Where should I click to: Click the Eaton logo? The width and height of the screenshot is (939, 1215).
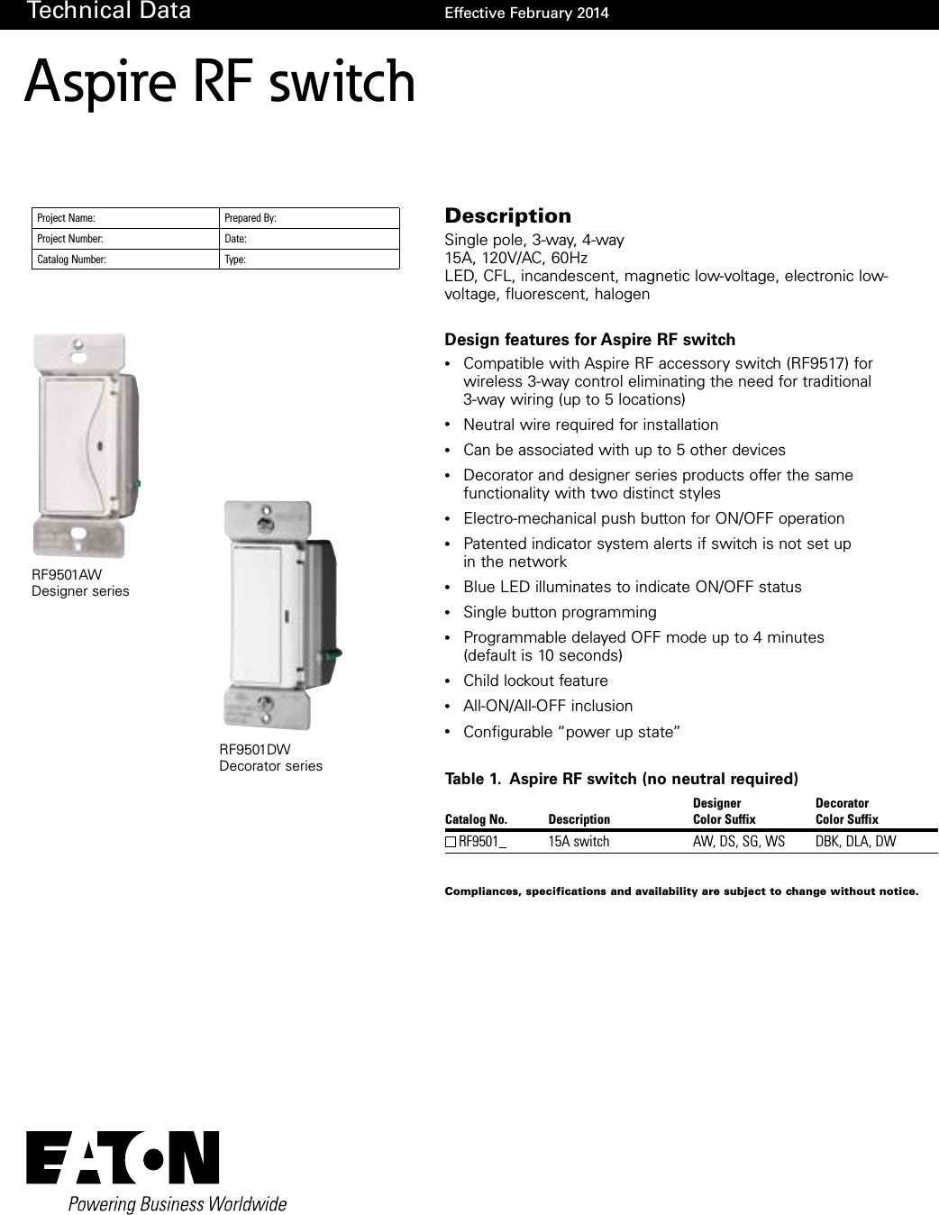(123, 1157)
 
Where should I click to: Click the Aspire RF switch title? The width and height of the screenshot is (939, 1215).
(220, 82)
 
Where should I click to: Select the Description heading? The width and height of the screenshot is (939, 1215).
(507, 215)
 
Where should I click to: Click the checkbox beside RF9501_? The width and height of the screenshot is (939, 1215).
(451, 842)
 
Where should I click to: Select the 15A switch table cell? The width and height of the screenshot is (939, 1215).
(579, 842)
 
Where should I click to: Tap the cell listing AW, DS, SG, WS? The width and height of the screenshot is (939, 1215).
(738, 842)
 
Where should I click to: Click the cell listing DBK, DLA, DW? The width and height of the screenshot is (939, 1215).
(855, 842)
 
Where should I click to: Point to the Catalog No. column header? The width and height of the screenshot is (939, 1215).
(476, 819)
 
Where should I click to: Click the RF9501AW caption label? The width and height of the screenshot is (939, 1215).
(67, 574)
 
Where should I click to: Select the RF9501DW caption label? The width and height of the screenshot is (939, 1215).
(255, 749)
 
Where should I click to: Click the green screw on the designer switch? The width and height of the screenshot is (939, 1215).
(136, 484)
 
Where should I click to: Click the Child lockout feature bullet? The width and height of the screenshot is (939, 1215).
(535, 681)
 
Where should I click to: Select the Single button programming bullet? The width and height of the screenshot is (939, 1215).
(560, 612)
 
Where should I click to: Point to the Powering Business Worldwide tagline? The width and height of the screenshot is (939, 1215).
(178, 1204)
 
